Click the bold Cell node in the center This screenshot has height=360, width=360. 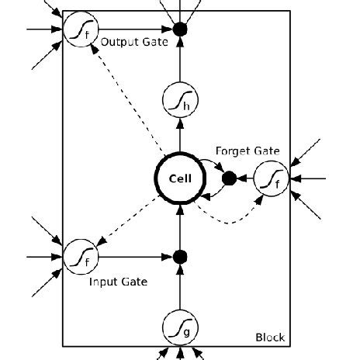(x=180, y=178)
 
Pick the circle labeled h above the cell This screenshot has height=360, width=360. (x=180, y=102)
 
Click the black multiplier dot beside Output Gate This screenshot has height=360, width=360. (x=180, y=29)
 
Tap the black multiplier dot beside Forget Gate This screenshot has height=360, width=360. (x=229, y=178)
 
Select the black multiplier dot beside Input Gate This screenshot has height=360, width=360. (x=180, y=255)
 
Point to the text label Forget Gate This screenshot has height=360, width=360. (x=247, y=151)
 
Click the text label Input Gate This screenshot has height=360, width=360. (x=118, y=281)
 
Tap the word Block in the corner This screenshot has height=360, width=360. (x=270, y=337)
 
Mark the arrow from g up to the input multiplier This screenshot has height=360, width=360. (x=180, y=287)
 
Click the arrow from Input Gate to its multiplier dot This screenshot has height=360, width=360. (x=132, y=255)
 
